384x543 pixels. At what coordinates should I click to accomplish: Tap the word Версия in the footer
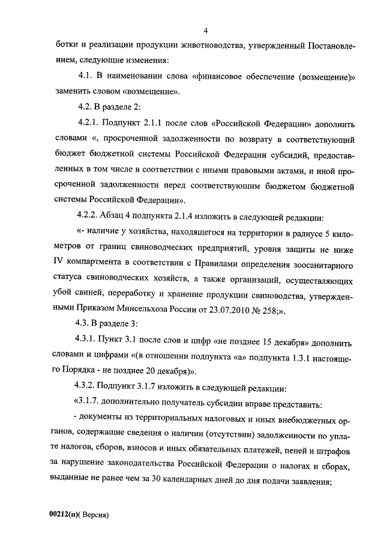point(95,514)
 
